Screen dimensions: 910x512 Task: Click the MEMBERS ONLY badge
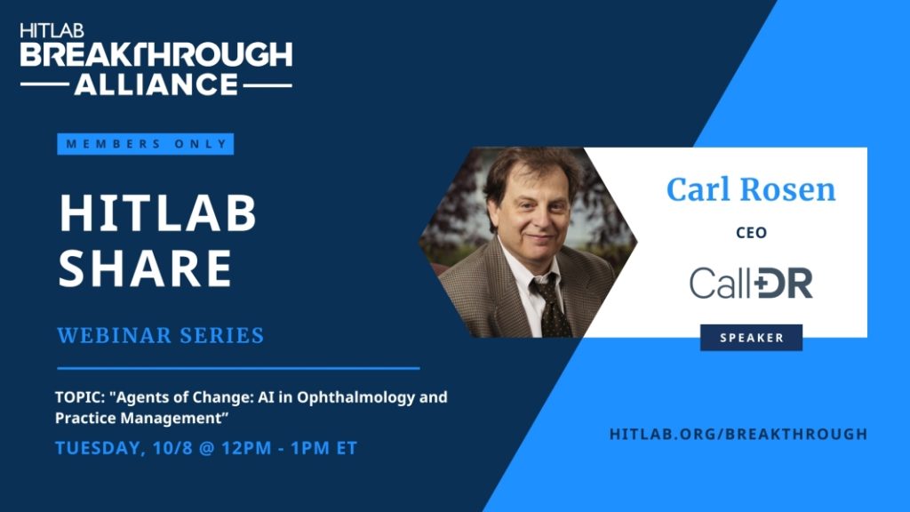point(145,144)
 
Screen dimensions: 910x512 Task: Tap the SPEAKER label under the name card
point(752,338)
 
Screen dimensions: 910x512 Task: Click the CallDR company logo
point(751,283)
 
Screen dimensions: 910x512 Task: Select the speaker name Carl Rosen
point(751,189)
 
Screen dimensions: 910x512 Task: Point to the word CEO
point(752,233)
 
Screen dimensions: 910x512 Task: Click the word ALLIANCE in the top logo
point(156,84)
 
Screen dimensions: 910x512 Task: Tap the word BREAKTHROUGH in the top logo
point(156,54)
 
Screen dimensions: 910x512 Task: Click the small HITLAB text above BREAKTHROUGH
point(52,30)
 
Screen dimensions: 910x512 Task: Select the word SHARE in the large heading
point(146,268)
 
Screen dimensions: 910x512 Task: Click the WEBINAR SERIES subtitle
point(161,335)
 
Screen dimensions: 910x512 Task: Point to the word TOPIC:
point(79,397)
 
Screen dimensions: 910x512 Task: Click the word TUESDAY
point(99,448)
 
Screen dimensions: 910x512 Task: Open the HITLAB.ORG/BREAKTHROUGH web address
point(738,434)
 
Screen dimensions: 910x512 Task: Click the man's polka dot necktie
point(550,305)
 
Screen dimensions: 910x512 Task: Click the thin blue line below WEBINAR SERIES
point(238,368)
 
